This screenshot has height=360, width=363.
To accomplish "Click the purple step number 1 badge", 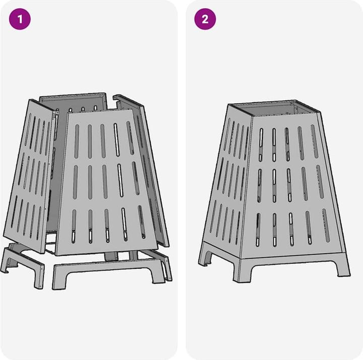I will point(20,20).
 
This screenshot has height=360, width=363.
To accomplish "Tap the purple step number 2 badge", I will point(205,20).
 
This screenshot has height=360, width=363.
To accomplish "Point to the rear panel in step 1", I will point(73,100).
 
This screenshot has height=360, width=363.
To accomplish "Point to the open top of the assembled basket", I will point(275,108).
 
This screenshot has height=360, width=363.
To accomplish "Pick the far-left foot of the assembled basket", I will point(205,259).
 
